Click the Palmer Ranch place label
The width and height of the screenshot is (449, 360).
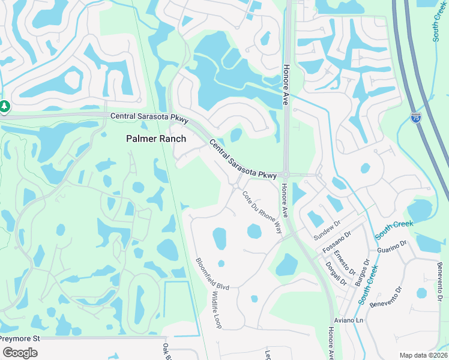tap(155, 139)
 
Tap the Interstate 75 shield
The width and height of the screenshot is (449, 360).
tap(416, 118)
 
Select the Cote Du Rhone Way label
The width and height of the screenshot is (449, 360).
tap(262, 212)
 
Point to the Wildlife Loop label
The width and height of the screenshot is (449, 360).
tap(216, 310)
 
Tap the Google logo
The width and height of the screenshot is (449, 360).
tap(20, 353)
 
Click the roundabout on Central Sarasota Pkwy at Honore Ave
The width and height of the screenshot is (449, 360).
tap(286, 175)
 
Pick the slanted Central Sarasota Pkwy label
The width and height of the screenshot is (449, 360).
tap(243, 158)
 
